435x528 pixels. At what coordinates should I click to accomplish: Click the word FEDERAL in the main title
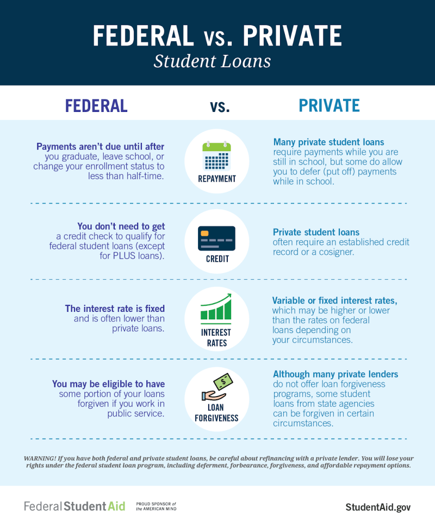142,35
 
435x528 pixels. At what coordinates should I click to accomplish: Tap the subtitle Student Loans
212,61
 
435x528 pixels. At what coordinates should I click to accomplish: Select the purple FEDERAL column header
96,105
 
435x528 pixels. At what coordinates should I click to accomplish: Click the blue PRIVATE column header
329,105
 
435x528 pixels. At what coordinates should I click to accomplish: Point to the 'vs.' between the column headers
220,106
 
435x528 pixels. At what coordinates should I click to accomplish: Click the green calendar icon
216,156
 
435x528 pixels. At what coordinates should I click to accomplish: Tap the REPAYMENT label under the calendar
216,179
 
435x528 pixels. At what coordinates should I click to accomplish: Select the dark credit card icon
216,238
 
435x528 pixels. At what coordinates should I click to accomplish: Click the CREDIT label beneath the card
217,259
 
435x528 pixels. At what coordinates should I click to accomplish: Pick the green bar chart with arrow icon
216,307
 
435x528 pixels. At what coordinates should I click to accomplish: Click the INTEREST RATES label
216,337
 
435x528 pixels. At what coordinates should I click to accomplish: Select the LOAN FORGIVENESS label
216,412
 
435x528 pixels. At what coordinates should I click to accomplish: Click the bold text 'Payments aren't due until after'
100,147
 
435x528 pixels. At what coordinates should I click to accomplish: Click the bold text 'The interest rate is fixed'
115,309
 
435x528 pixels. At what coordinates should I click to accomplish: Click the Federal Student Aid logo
74,506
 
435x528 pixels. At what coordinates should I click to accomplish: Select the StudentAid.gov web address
378,507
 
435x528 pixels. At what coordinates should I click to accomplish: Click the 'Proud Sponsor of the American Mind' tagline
156,506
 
